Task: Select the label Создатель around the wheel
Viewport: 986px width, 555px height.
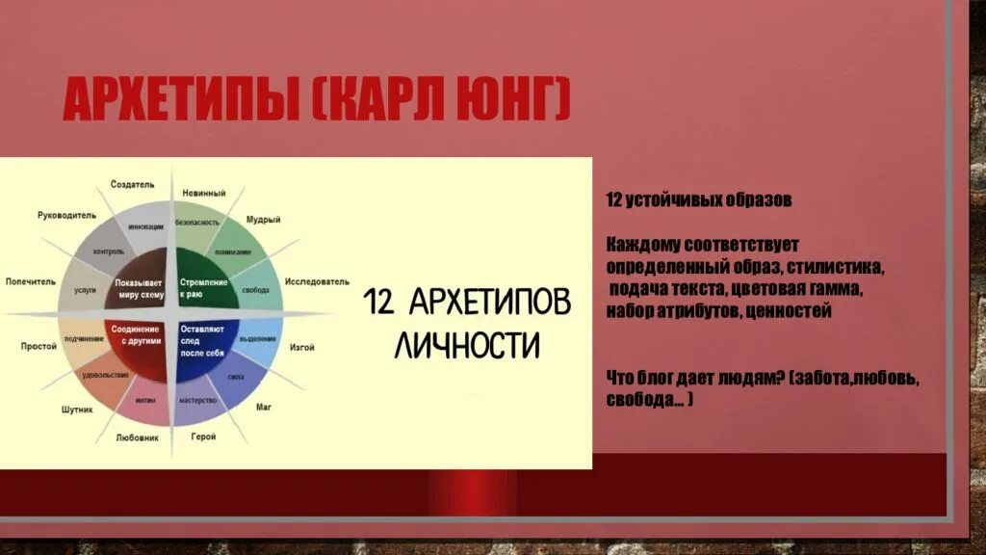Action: click(x=132, y=184)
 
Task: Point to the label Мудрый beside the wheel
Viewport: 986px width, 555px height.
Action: click(x=263, y=220)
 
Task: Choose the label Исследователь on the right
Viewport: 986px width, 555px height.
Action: click(x=316, y=282)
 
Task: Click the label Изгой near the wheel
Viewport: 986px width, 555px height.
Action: click(x=301, y=347)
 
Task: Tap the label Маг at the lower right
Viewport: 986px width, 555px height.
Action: click(x=263, y=408)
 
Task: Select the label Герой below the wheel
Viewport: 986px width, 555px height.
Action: click(x=203, y=436)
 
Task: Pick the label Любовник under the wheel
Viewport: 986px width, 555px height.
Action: click(x=137, y=436)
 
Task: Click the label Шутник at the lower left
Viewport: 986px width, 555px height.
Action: click(x=78, y=410)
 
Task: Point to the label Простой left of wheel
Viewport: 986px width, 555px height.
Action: click(x=39, y=345)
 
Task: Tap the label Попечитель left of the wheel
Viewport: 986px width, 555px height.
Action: click(x=33, y=282)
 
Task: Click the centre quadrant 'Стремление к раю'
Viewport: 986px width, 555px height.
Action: click(x=203, y=287)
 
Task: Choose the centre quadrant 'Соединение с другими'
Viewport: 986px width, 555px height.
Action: click(x=141, y=336)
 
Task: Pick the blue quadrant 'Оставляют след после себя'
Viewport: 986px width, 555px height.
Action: click(x=203, y=341)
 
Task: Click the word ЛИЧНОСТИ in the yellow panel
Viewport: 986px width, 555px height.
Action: click(x=467, y=344)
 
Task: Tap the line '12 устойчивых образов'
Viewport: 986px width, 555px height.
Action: click(x=698, y=200)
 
